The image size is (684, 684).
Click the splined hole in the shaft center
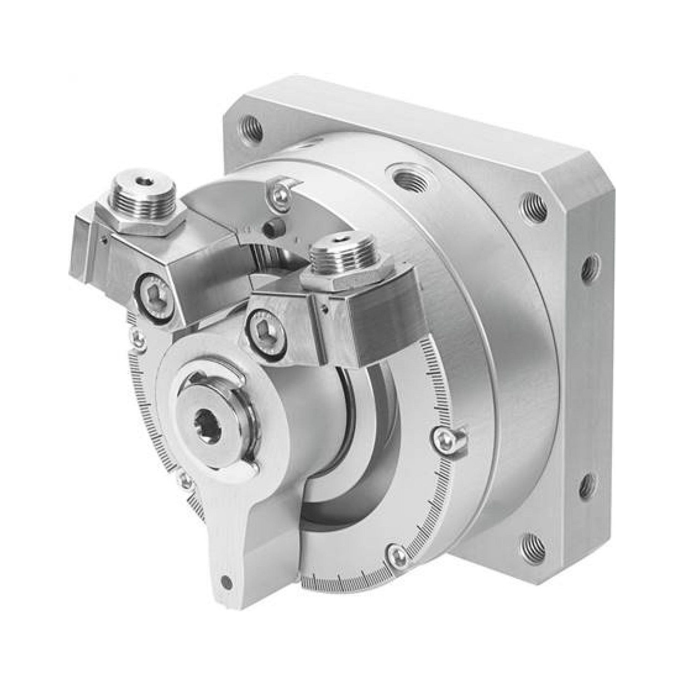[208, 422]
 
